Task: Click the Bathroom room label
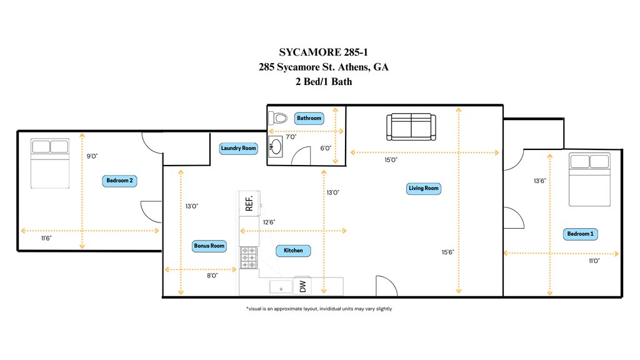[309, 118]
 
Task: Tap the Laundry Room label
[238, 148]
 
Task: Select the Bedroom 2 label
[119, 181]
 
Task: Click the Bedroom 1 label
[580, 234]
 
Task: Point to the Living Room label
[424, 188]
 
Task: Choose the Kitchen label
[293, 251]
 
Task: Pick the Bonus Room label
[209, 246]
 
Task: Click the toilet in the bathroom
[278, 118]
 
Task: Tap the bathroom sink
[276, 146]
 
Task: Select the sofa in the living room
[411, 127]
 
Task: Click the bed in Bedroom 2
[50, 163]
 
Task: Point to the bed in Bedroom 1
[590, 179]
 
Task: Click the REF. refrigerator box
[249, 203]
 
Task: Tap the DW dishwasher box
[303, 286]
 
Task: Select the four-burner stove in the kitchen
[249, 257]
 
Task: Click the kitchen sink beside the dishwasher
[281, 286]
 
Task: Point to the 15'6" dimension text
[447, 252]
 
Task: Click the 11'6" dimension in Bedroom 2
[46, 238]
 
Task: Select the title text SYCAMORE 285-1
[323, 52]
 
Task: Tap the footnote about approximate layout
[319, 309]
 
